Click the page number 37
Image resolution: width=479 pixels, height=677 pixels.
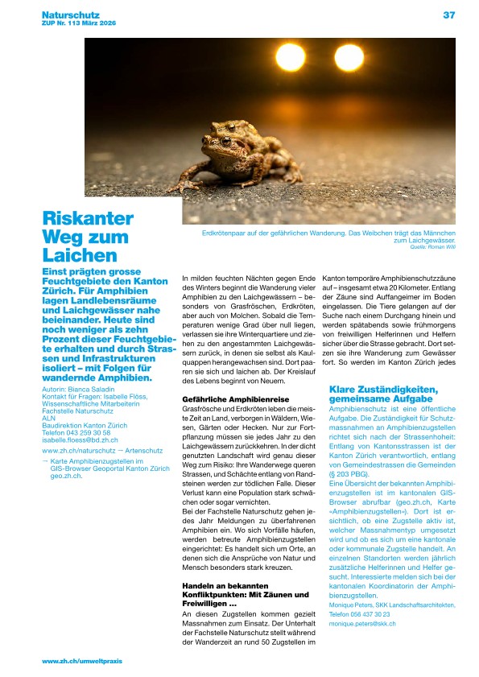[448, 14]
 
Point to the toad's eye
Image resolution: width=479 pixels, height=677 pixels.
[227, 142]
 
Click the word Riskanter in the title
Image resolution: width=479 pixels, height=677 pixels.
[88, 219]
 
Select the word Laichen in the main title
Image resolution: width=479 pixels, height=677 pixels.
[80, 256]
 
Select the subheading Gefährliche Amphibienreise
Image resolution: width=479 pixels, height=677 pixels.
[227, 399]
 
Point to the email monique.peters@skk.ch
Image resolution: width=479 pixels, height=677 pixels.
[362, 624]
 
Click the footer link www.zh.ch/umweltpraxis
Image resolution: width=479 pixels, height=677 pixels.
[82, 661]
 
